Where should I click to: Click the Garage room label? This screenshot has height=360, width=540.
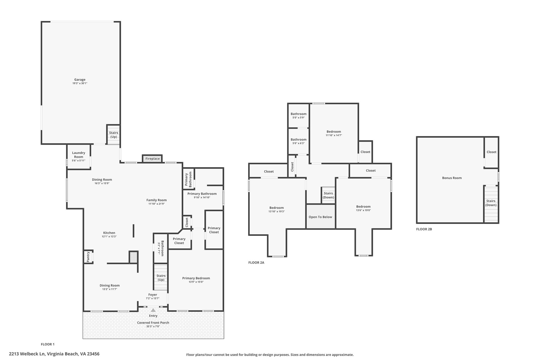[80, 80]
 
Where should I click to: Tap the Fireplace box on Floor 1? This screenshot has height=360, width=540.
[152, 159]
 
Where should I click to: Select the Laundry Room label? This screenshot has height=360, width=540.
[79, 155]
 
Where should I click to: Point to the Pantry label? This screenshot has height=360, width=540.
[88, 257]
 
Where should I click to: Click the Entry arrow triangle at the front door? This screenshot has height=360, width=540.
[153, 310]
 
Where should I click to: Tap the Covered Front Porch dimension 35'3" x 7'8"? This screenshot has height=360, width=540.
[153, 326]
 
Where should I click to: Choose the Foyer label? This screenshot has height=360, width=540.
[153, 295]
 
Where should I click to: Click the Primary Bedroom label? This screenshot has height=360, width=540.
[196, 278]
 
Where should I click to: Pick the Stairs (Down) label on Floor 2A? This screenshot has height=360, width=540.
[328, 195]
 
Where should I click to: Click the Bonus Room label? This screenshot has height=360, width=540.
[452, 178]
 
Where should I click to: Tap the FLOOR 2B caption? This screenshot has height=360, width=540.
[424, 229]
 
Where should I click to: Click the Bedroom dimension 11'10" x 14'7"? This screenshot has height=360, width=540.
[334, 135]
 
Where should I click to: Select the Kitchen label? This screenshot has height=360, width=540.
[109, 233]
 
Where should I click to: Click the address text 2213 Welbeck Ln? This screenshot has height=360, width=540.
[27, 354]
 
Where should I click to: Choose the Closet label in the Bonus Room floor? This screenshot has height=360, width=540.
[491, 152]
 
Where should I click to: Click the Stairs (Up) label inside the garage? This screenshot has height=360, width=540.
[114, 135]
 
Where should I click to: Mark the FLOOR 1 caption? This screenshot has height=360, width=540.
[48, 344]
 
